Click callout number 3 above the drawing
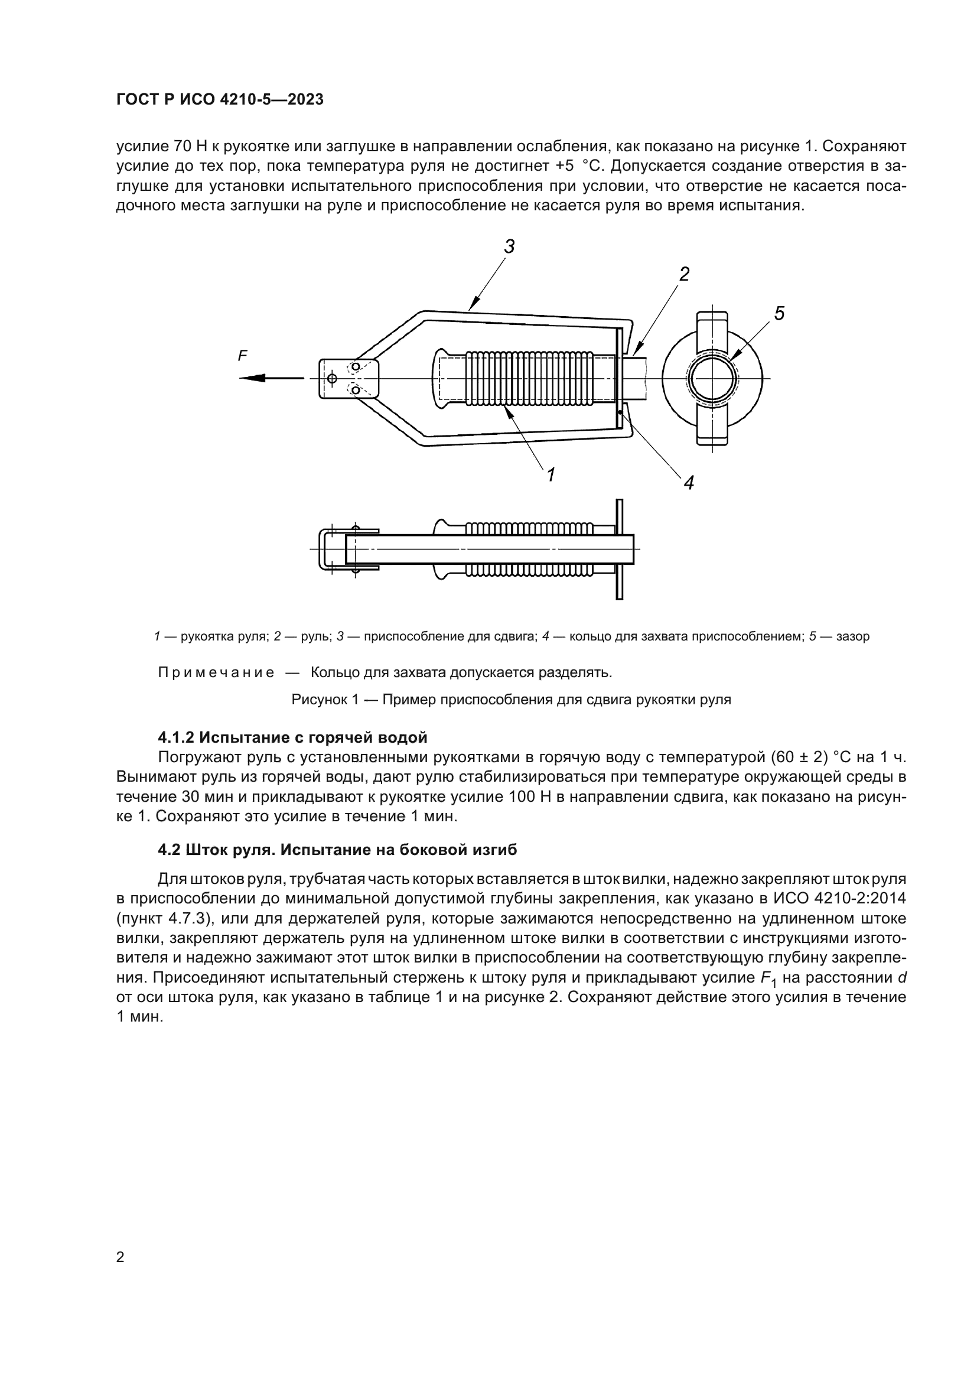[510, 246]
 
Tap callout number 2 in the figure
[684, 275]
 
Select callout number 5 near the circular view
[779, 313]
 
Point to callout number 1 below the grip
[550, 475]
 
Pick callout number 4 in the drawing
[688, 482]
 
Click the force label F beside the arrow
[242, 356]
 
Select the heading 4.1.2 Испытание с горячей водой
[292, 737]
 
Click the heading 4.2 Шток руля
[337, 850]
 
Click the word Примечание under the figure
[216, 672]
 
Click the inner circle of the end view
[713, 379]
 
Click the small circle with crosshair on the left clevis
[331, 378]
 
